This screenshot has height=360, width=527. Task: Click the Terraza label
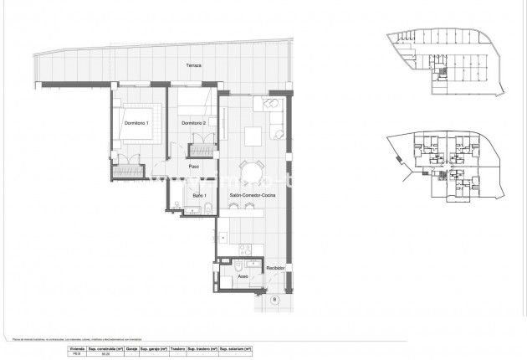coord(194,65)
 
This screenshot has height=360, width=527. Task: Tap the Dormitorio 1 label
coord(136,124)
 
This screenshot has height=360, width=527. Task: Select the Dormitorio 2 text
coord(194,124)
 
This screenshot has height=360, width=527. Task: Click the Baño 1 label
coord(198,195)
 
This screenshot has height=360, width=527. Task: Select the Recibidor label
coord(275,268)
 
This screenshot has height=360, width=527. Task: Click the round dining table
coord(250,172)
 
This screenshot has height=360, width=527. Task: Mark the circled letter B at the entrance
coord(274,299)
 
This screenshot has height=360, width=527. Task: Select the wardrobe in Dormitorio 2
coord(201,151)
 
